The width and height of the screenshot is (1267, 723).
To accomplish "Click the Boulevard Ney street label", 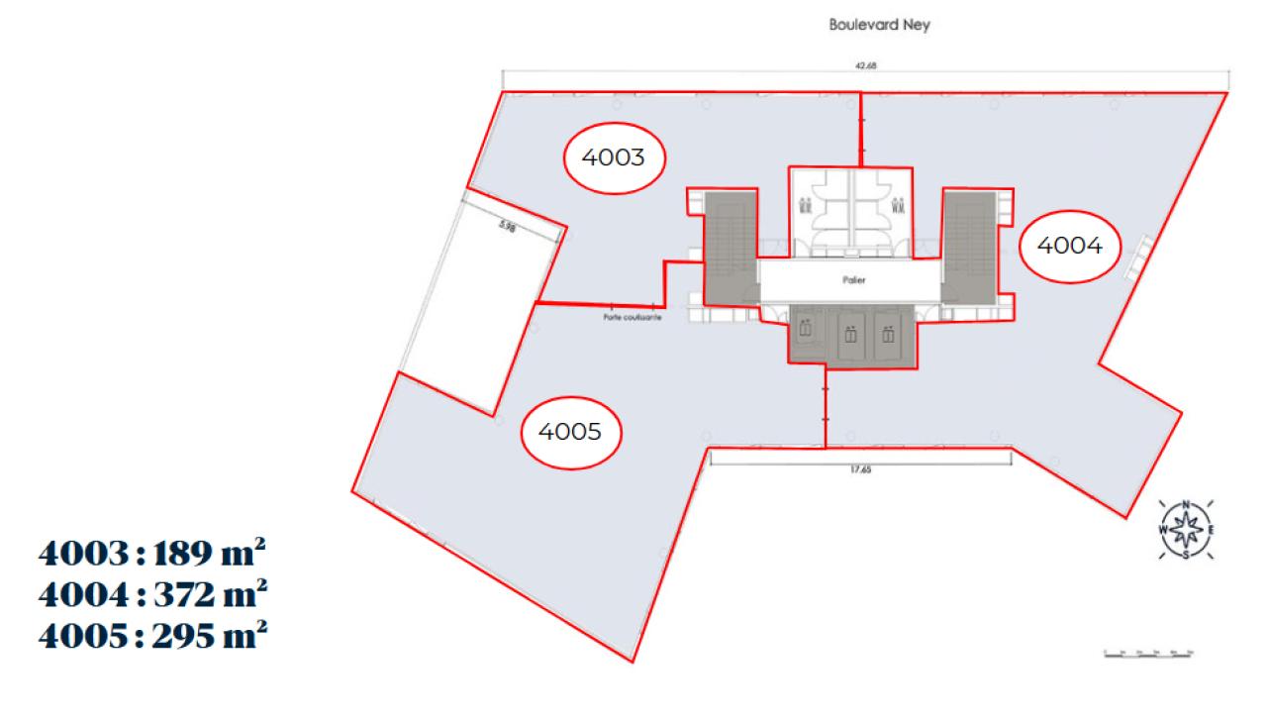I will (879, 26).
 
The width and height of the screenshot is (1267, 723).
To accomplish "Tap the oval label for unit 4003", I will (614, 156).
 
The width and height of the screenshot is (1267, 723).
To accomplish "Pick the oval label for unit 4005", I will (571, 431).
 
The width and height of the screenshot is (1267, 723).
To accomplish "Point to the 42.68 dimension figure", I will (865, 65).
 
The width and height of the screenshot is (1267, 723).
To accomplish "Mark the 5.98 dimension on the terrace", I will (509, 226).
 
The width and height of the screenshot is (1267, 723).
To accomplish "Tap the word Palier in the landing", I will (849, 281).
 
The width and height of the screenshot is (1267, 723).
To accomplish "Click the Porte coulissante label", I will (631, 319).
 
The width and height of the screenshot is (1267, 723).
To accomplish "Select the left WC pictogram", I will (806, 206).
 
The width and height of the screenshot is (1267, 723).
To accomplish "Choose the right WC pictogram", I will (898, 206).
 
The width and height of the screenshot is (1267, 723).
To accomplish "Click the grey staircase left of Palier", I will (730, 247).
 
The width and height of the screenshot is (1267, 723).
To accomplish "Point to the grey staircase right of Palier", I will (968, 247).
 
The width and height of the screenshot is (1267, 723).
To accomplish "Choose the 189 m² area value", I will (209, 552).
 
